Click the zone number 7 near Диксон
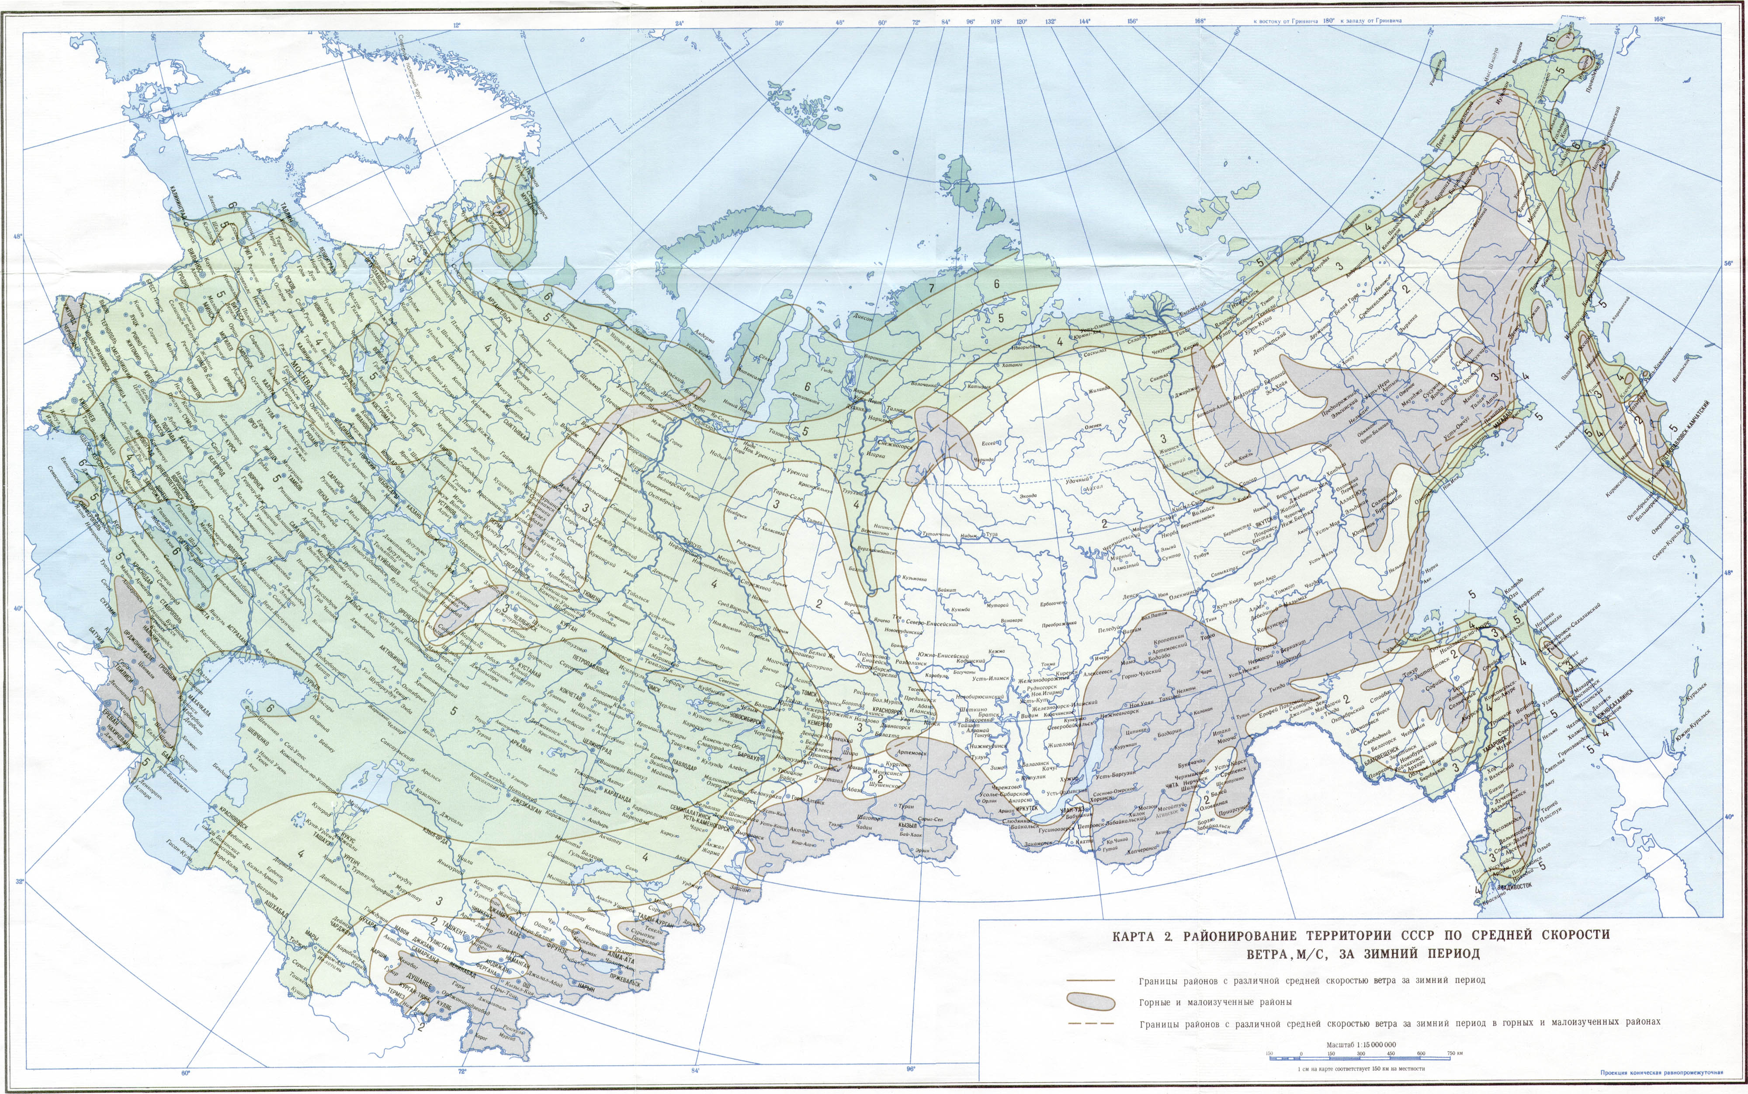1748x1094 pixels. (x=932, y=288)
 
